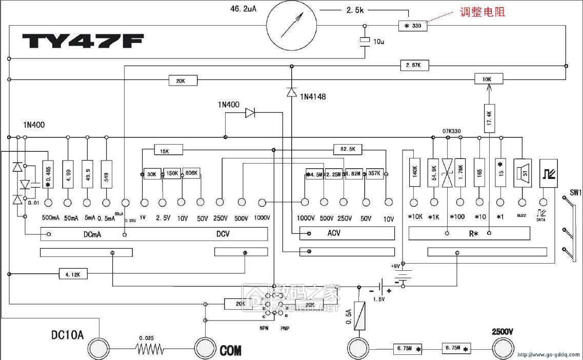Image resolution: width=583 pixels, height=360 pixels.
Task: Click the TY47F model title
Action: click(83, 41)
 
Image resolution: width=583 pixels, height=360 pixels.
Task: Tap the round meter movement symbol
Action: click(292, 26)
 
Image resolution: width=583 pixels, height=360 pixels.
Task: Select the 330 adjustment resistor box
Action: click(412, 26)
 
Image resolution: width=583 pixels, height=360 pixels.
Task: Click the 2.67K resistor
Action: click(414, 66)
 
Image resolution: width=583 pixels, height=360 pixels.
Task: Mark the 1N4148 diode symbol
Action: click(291, 92)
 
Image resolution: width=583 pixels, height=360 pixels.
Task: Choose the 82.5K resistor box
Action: click(348, 149)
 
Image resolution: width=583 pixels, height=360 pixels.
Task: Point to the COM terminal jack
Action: click(206, 349)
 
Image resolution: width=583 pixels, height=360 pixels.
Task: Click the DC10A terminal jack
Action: click(99, 349)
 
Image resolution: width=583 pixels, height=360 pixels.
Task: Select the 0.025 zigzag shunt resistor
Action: click(150, 349)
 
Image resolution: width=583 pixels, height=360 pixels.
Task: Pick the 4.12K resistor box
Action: click(73, 275)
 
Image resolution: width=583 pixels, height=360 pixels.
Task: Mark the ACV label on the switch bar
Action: click(334, 233)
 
